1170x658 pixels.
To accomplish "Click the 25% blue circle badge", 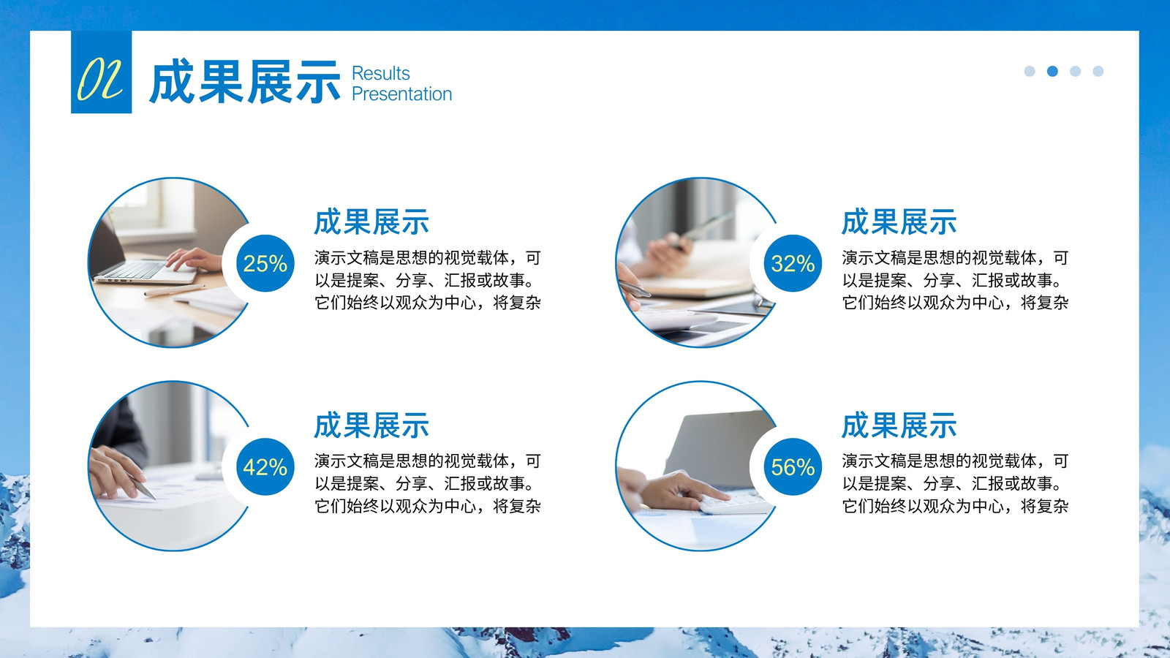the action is click(265, 263).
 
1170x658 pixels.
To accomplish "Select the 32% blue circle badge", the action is click(793, 263).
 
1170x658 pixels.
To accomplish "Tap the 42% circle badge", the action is click(265, 466).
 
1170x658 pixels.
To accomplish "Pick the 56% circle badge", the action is click(793, 466).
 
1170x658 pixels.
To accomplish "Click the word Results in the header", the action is click(381, 74).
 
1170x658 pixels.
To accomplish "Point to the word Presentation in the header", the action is click(401, 94).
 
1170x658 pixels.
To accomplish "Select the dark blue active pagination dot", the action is click(1052, 71).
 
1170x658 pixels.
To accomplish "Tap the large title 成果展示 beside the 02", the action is click(245, 81).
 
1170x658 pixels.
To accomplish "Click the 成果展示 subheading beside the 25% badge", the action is click(371, 222).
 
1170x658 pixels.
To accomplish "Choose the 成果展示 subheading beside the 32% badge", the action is click(899, 222).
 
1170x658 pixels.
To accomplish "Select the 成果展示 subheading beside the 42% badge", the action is click(371, 425).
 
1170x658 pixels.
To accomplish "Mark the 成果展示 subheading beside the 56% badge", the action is click(899, 425).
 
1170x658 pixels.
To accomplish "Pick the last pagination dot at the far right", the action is click(1098, 71).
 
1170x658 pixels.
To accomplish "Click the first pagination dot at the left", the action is click(1030, 71).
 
